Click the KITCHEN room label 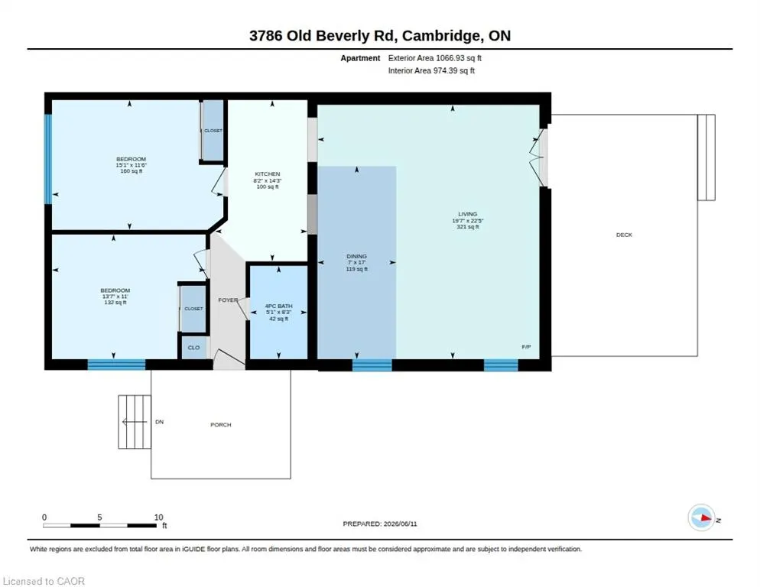pos(268,174)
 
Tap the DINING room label pos(357,256)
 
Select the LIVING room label pos(468,214)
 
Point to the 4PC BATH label pos(279,306)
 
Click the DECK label pos(624,235)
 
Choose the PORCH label pos(221,425)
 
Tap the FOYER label pos(228,300)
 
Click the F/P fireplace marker pos(526,346)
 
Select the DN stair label pos(160,422)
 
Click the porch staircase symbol pos(135,422)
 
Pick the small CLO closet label pos(194,348)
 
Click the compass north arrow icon pos(701,518)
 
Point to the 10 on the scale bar pos(158,517)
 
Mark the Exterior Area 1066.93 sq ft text pos(435,58)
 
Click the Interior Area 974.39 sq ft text pos(431,71)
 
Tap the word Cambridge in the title pos(441,36)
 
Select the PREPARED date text pos(380,524)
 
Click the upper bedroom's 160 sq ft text pos(132,171)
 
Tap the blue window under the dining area pos(372,365)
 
